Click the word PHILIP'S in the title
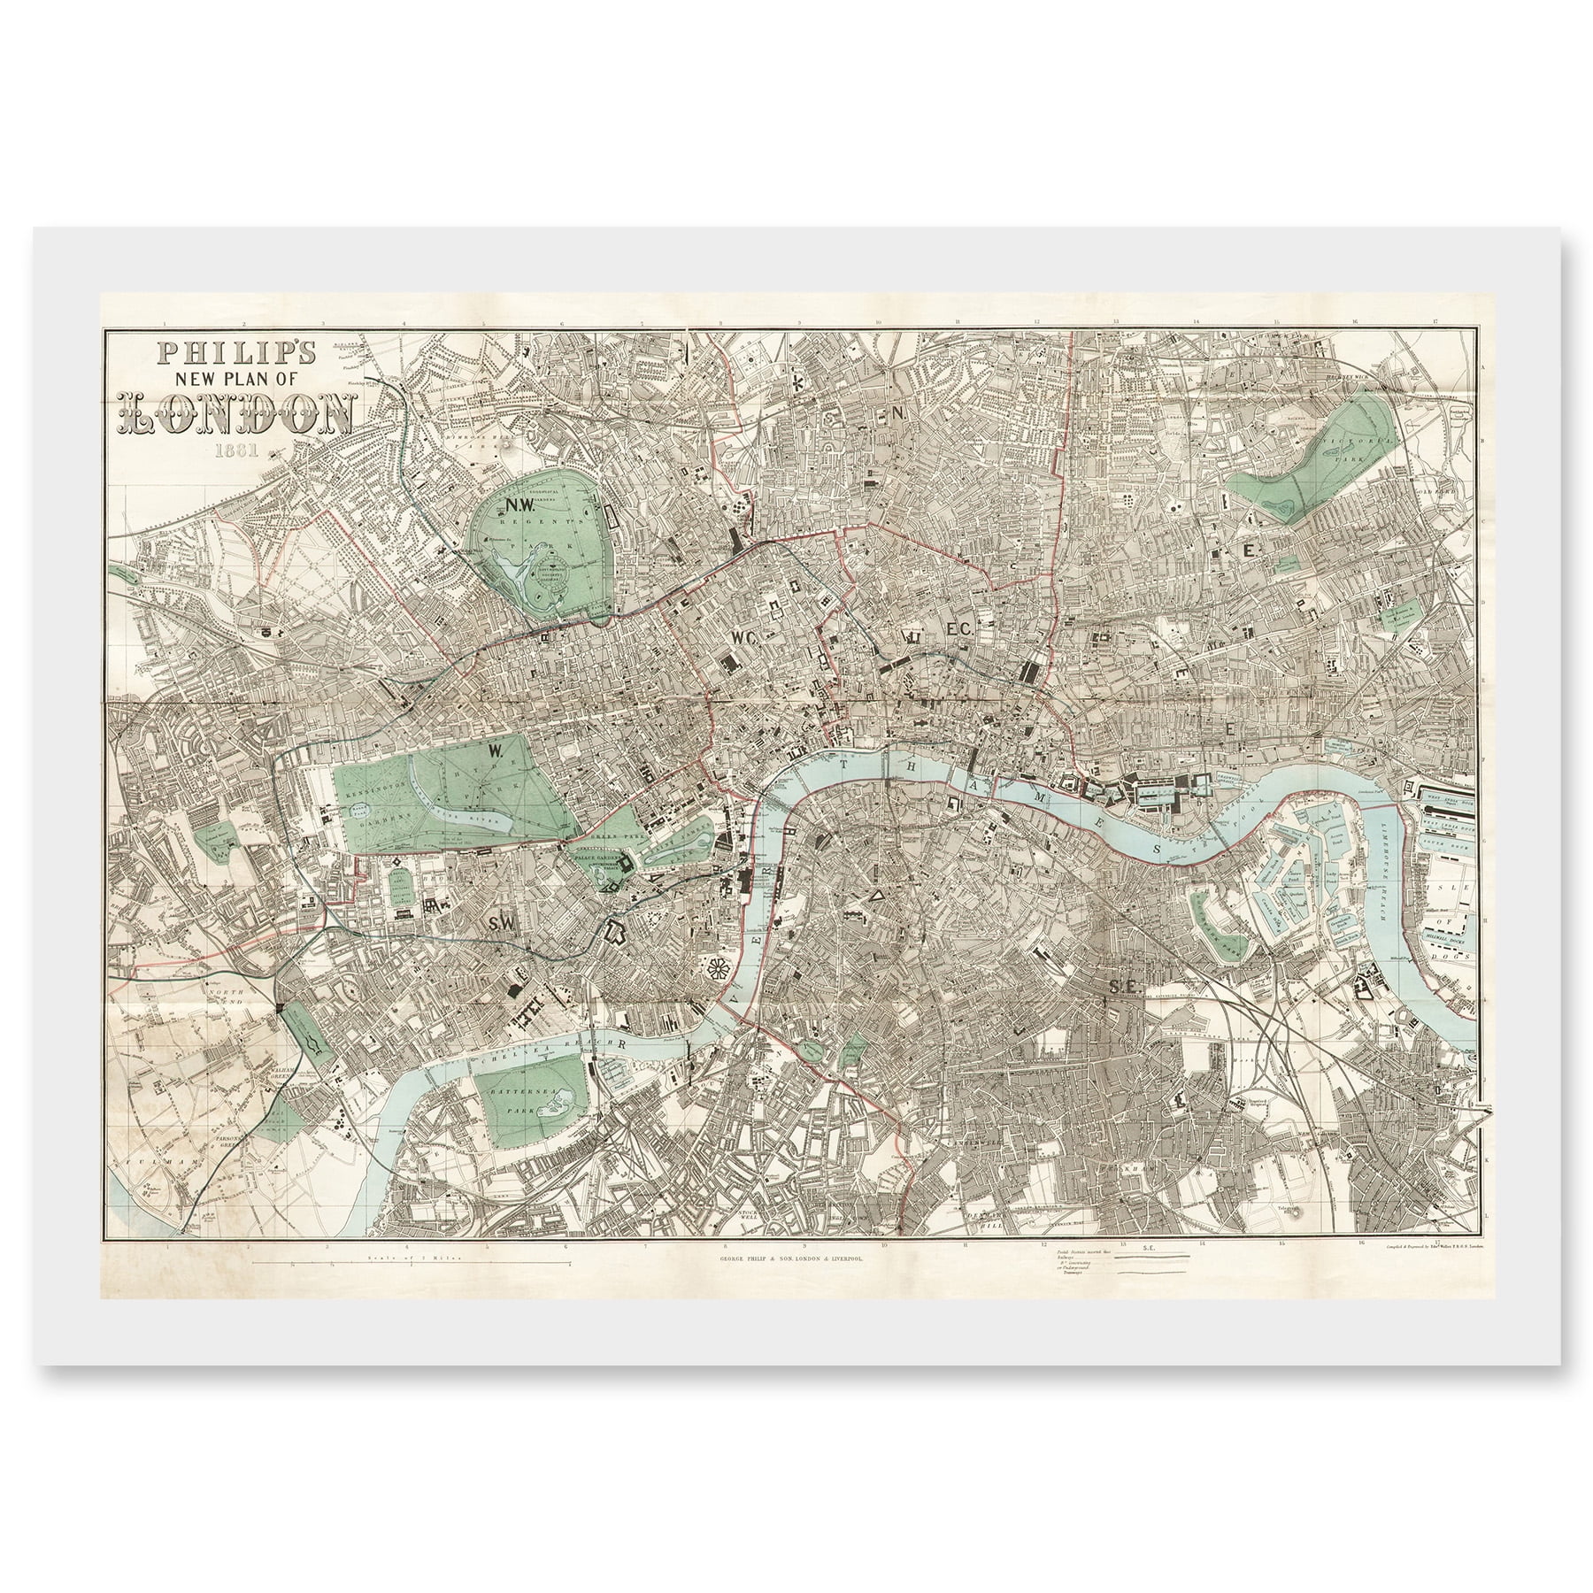point(235,353)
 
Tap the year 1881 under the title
point(235,450)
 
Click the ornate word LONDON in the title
point(237,412)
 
